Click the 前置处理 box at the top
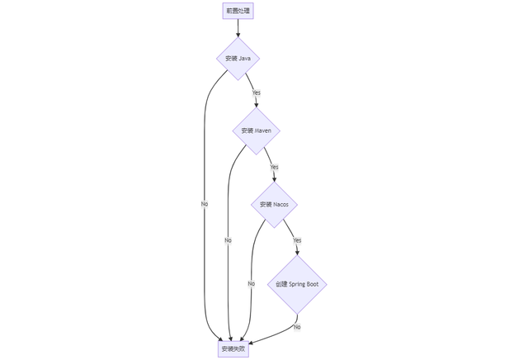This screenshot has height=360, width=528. pyautogui.click(x=238, y=11)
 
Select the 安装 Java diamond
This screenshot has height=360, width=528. pyautogui.click(x=238, y=59)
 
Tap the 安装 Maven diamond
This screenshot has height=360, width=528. pyautogui.click(x=256, y=130)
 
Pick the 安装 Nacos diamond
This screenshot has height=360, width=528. pyautogui.click(x=274, y=205)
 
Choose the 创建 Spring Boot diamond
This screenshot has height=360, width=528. pyautogui.click(x=297, y=284)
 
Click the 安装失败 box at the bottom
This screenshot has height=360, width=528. pyautogui.click(x=233, y=349)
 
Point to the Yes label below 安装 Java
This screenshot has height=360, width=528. pyautogui.click(x=257, y=92)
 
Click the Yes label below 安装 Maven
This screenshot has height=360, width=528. pyautogui.click(x=274, y=167)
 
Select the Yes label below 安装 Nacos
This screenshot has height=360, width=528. pyautogui.click(x=297, y=240)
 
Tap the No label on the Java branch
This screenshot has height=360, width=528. pyautogui.click(x=205, y=204)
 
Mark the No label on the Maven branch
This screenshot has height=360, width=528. pyautogui.click(x=228, y=240)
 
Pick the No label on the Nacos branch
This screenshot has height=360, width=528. pyautogui.click(x=251, y=284)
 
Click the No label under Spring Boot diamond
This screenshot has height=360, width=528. pyautogui.click(x=297, y=327)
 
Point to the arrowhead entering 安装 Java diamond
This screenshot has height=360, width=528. pyautogui.click(x=238, y=35)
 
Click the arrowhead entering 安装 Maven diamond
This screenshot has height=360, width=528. pyautogui.click(x=257, y=105)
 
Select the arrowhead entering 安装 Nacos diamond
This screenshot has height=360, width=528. pyautogui.click(x=274, y=179)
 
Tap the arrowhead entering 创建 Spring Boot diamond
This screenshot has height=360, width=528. pyautogui.click(x=297, y=253)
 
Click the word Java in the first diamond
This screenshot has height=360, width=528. pyautogui.click(x=244, y=59)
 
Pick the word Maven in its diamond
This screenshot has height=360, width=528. pyautogui.click(x=262, y=130)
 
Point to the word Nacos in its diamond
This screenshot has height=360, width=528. pyautogui.click(x=280, y=205)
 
